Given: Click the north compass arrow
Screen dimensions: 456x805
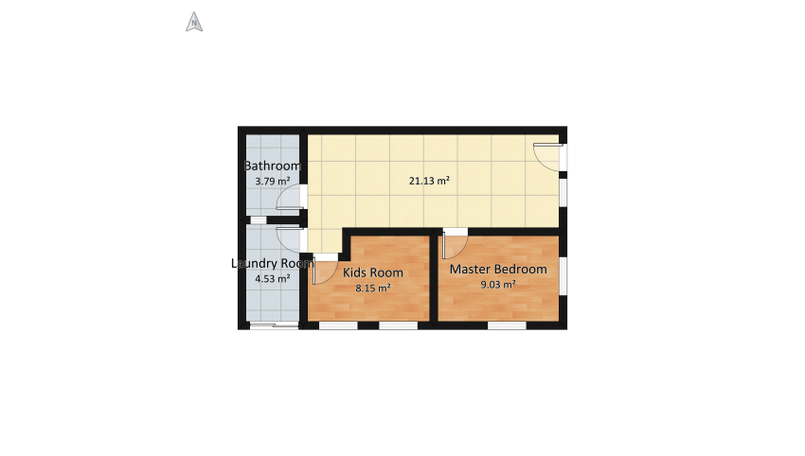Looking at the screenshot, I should pyautogui.click(x=194, y=22).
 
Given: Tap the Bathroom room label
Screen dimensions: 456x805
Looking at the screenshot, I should pyautogui.click(x=273, y=167).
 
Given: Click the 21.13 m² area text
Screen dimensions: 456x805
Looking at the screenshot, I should pyautogui.click(x=429, y=180).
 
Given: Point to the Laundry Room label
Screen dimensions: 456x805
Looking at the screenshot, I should pyautogui.click(x=272, y=264).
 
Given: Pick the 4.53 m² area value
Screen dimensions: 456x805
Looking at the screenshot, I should pyautogui.click(x=273, y=279).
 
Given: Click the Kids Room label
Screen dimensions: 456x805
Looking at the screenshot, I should pyautogui.click(x=373, y=272).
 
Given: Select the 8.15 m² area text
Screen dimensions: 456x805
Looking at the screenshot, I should pyautogui.click(x=373, y=289).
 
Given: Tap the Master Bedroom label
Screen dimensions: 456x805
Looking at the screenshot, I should pyautogui.click(x=498, y=269).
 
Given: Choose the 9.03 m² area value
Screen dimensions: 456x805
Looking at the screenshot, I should pyautogui.click(x=498, y=284).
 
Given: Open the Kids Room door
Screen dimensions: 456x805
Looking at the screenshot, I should pyautogui.click(x=324, y=271).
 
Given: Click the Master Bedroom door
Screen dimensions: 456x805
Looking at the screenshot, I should pyautogui.click(x=453, y=244).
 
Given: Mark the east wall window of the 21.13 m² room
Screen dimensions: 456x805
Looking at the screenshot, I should pyautogui.click(x=563, y=191).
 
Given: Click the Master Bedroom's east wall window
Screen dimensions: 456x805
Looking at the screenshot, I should pyautogui.click(x=563, y=274).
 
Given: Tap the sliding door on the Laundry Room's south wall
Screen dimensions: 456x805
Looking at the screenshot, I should pyautogui.click(x=272, y=326).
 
